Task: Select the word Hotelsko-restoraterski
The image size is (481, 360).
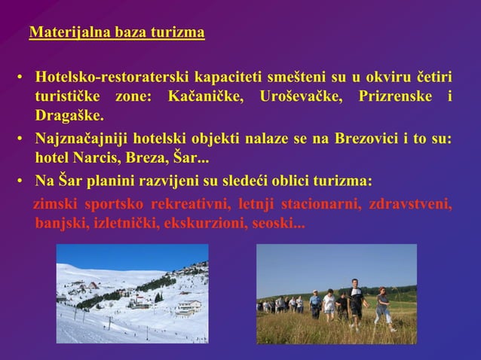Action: pyautogui.click(x=106, y=79)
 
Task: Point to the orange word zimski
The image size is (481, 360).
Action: pyautogui.click(x=56, y=205)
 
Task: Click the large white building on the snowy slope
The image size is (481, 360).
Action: pyautogui.click(x=188, y=307)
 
